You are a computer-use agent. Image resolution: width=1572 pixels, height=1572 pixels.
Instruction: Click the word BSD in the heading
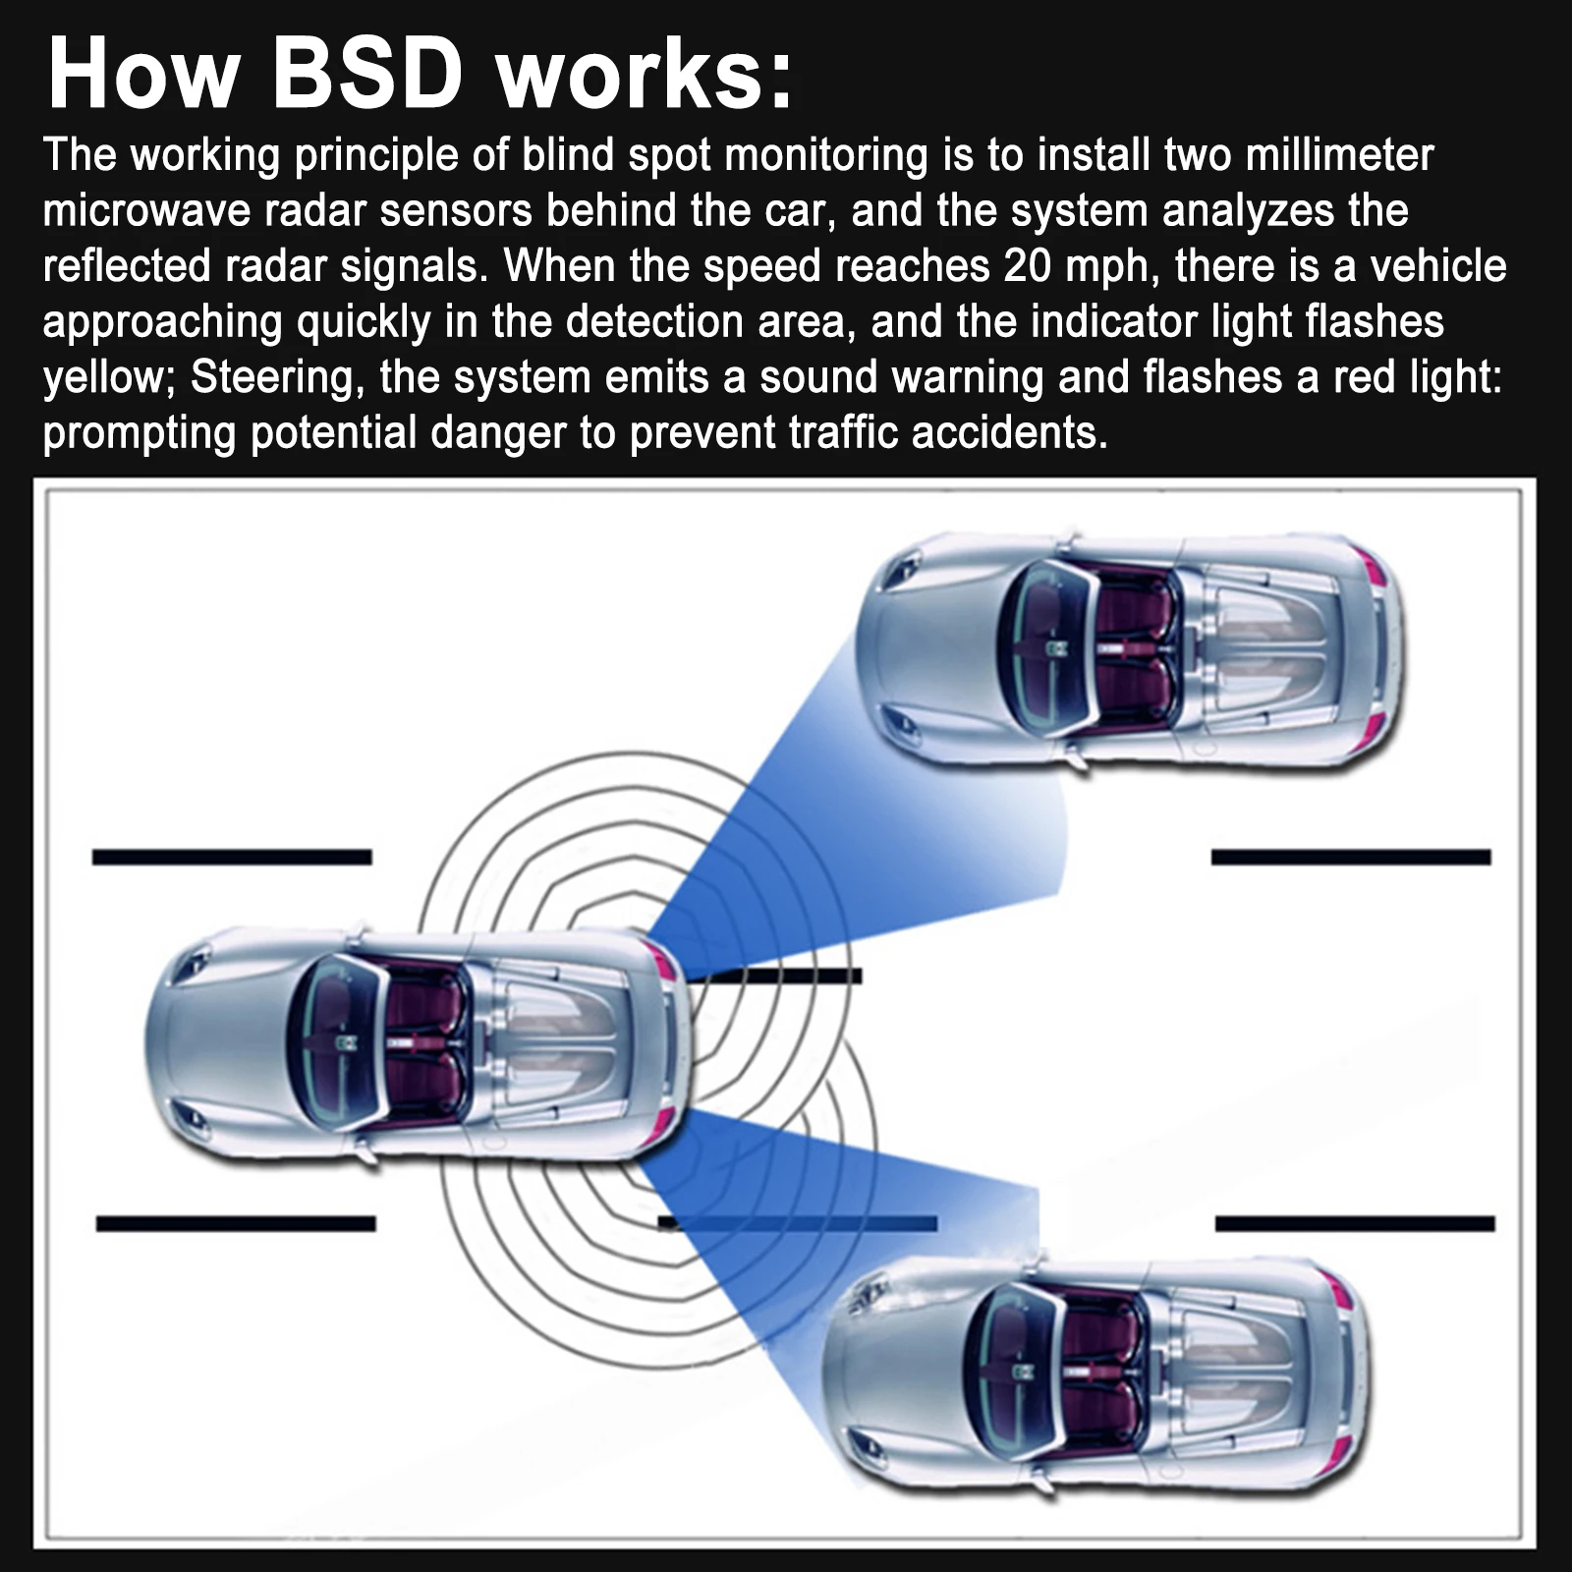tap(365, 75)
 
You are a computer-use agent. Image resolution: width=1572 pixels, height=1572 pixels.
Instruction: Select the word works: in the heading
tap(645, 75)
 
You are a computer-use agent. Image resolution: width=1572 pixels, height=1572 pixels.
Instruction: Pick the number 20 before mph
tap(1029, 266)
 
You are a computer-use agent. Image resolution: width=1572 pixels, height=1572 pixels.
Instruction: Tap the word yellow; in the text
tap(109, 378)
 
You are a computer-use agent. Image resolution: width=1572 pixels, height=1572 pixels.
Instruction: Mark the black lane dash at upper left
tap(232, 857)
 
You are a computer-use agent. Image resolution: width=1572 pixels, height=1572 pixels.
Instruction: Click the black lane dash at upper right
tap(1351, 857)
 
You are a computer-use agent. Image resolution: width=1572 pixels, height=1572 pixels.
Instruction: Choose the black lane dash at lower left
tap(236, 1223)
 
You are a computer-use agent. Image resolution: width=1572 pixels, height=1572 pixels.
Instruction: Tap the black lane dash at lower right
tap(1355, 1223)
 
